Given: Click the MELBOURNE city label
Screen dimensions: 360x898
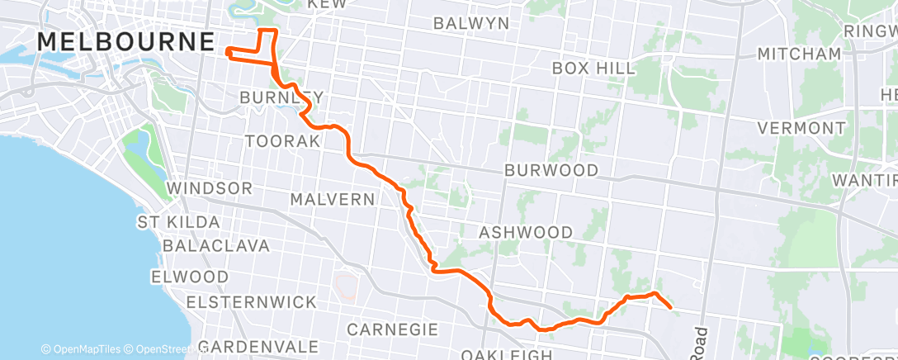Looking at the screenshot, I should click(126, 41).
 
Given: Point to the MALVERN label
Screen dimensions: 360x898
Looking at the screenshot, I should click(333, 199).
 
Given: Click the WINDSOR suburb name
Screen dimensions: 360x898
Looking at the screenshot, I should click(209, 188).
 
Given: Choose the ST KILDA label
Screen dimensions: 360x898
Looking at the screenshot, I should click(179, 222).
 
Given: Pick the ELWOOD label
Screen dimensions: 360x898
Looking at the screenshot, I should click(190, 276).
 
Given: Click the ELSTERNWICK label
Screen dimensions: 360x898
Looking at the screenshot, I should click(251, 302).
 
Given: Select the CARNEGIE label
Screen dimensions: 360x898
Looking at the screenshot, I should click(392, 329).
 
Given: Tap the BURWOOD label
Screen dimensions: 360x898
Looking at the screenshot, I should click(552, 171).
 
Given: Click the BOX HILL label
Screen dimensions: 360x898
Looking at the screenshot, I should click(594, 67).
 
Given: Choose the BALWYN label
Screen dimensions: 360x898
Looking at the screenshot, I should click(471, 22).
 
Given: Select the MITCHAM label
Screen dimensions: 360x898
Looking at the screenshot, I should click(800, 54).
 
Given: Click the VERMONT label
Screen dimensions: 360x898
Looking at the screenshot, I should click(801, 128).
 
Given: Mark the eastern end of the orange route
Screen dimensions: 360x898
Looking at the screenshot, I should click(670, 308).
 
